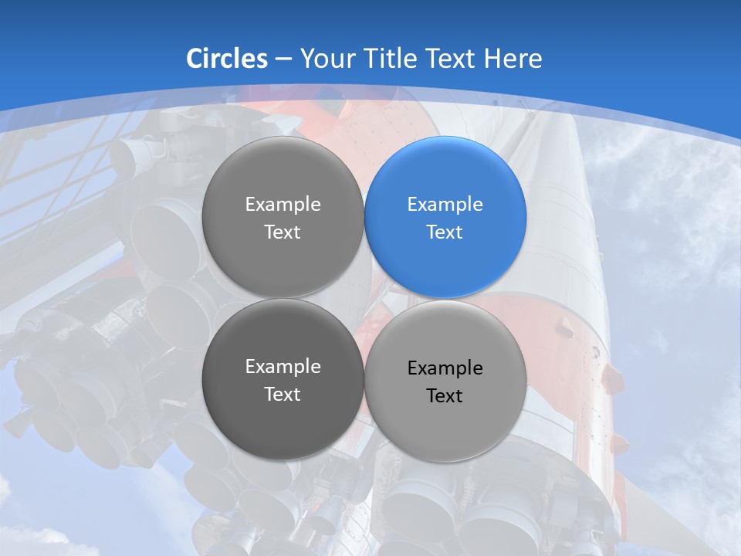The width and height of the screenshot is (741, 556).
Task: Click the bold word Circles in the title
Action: tap(227, 59)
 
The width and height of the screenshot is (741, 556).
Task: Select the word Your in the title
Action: tap(324, 59)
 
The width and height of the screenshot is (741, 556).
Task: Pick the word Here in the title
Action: tap(513, 59)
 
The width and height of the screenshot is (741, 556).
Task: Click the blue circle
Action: tap(445, 218)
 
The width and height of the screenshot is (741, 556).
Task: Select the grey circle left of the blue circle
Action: tap(283, 218)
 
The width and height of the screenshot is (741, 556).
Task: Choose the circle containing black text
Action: tap(445, 381)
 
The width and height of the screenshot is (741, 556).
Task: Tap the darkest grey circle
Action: tap(283, 380)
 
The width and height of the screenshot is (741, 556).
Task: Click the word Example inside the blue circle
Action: tap(445, 205)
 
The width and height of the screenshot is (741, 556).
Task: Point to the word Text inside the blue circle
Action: tap(445, 232)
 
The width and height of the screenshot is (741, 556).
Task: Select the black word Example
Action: tap(445, 368)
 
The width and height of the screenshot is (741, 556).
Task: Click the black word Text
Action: tap(445, 396)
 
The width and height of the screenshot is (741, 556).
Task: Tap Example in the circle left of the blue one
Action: tap(283, 205)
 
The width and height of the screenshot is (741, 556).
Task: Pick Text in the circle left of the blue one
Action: tap(283, 232)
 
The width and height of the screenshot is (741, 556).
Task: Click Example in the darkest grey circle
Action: tap(283, 367)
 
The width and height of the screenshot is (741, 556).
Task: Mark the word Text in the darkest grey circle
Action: tap(283, 395)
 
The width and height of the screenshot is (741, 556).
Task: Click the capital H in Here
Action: tap(494, 59)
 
